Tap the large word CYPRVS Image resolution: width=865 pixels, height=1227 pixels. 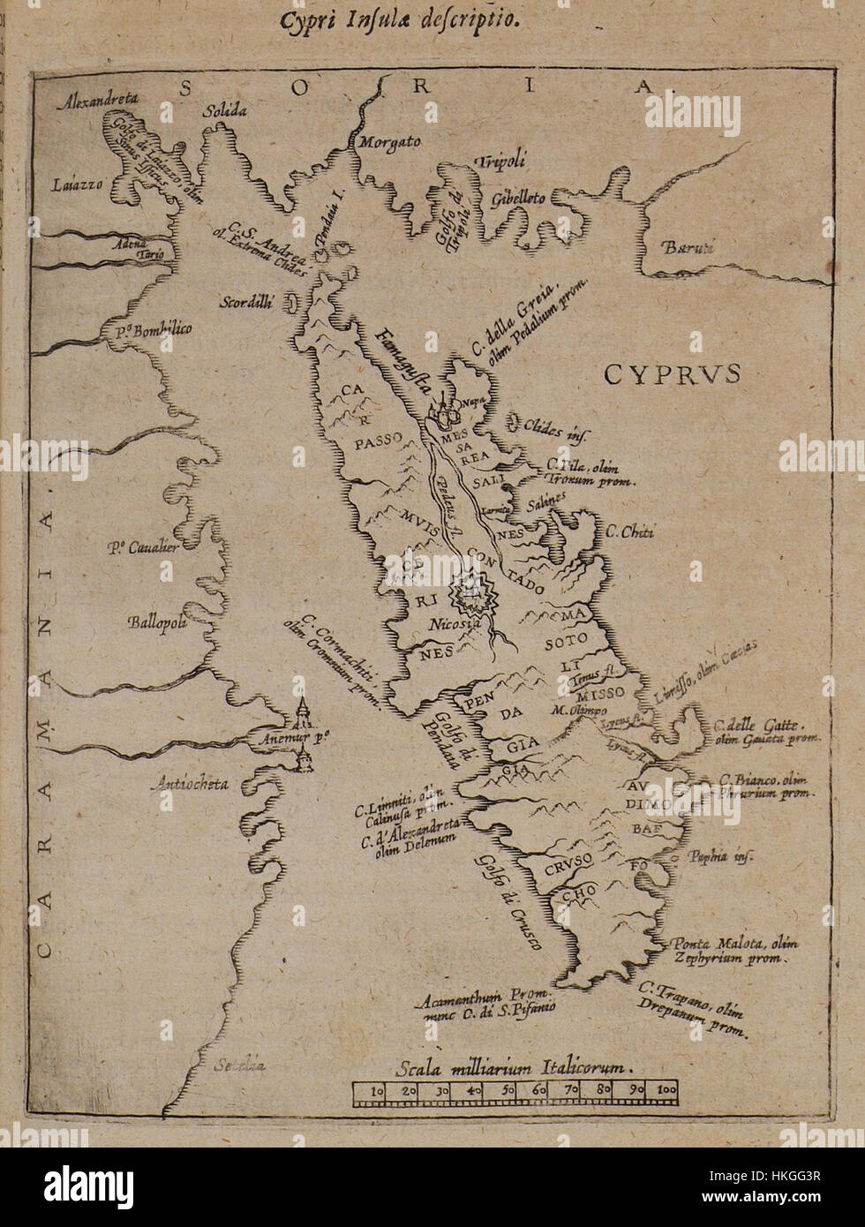(x=672, y=374)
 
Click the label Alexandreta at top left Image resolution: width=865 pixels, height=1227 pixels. (x=100, y=102)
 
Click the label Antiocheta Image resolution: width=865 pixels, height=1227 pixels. (x=192, y=783)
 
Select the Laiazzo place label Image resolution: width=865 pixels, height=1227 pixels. (x=78, y=185)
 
